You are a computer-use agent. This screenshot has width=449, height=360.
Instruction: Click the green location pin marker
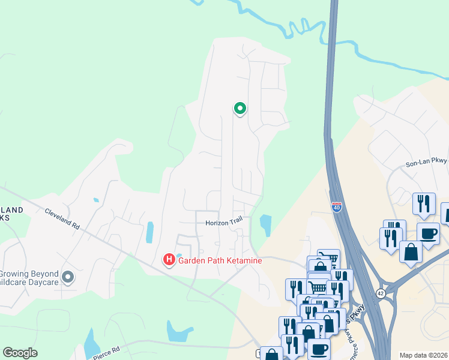click(240, 109)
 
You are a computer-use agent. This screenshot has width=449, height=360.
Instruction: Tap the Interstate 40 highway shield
click(336, 208)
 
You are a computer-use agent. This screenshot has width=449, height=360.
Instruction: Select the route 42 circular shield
click(381, 293)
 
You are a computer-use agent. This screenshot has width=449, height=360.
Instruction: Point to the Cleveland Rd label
click(62, 219)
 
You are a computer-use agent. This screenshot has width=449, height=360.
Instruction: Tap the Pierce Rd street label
click(107, 352)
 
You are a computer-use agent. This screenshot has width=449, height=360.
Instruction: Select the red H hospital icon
click(169, 259)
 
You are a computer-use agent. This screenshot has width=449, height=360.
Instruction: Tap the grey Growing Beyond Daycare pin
click(68, 277)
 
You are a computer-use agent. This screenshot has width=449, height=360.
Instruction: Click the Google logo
click(20, 353)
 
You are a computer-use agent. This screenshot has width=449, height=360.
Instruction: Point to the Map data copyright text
click(423, 355)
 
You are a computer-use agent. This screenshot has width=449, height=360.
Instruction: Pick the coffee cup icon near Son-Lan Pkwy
click(429, 233)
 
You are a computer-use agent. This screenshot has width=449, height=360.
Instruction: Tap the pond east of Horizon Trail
click(265, 224)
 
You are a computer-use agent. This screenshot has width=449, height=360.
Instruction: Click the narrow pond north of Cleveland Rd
click(149, 232)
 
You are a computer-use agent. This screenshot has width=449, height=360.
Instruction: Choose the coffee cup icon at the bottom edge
click(319, 349)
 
